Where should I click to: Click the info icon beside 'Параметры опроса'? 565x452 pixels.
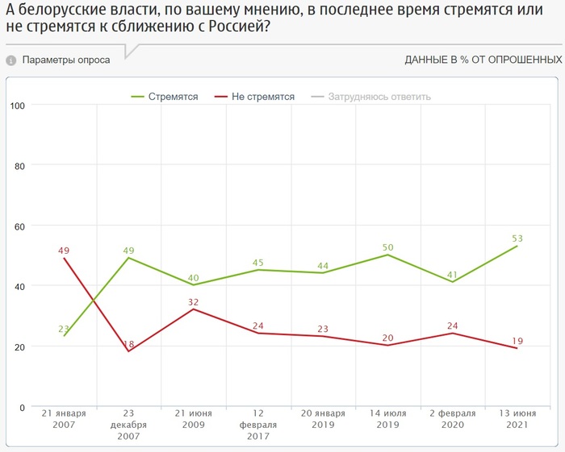click(11, 60)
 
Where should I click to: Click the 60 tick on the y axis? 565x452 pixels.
click(19, 226)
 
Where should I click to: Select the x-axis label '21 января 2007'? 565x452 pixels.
click(64, 419)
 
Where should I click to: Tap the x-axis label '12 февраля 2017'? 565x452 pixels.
click(258, 425)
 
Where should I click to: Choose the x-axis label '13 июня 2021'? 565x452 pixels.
click(517, 419)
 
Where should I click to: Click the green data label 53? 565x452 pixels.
click(517, 238)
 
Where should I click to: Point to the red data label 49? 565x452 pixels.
click(64, 251)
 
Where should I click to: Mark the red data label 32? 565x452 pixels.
click(193, 302)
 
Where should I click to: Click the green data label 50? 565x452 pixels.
click(387, 247)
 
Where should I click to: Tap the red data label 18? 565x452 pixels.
click(128, 344)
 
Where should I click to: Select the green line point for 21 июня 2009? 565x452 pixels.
click(194, 284)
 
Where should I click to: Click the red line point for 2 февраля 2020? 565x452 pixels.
click(452, 334)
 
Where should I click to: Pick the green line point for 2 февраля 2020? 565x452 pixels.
click(452, 282)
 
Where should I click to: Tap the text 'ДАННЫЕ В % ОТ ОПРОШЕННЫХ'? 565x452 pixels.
click(483, 60)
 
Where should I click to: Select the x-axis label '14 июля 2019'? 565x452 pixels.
click(387, 419)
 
